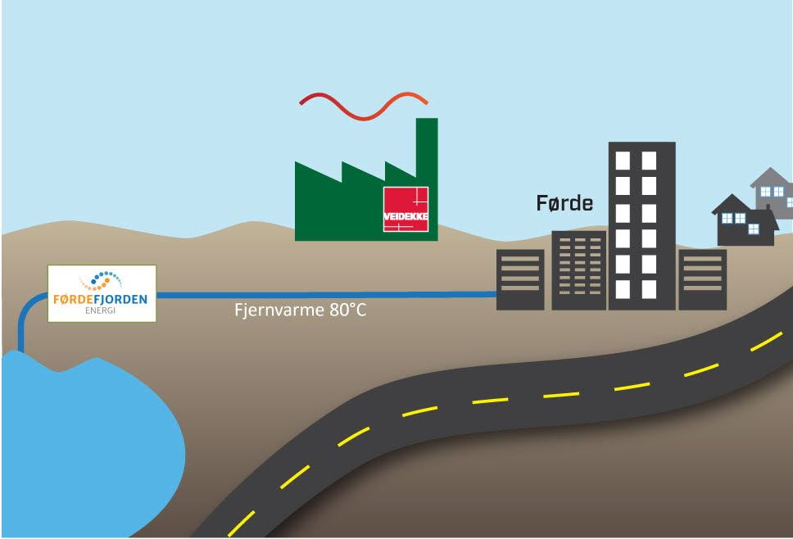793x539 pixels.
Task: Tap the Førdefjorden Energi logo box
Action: click(x=101, y=293)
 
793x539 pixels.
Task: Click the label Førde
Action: click(x=564, y=203)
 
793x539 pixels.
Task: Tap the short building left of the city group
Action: click(x=520, y=279)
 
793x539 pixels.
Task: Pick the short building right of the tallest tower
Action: click(x=702, y=279)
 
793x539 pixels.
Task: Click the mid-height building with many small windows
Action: click(x=578, y=269)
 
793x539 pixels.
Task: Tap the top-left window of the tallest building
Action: click(x=623, y=160)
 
